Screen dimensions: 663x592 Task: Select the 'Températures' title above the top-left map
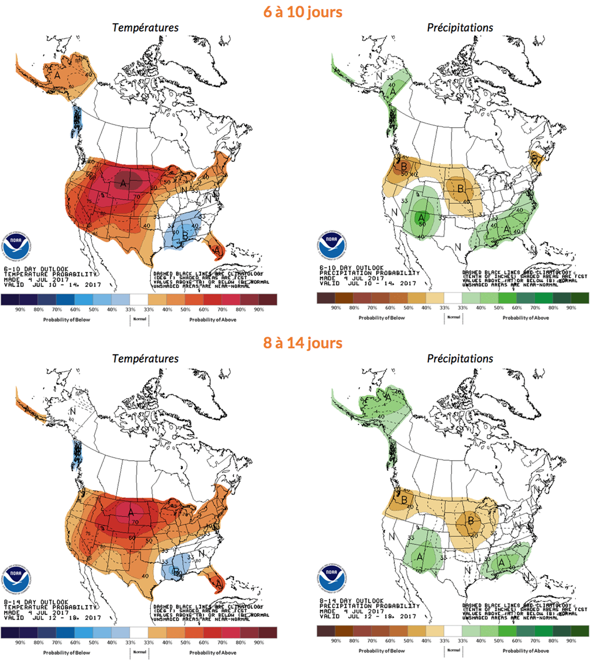point(145,28)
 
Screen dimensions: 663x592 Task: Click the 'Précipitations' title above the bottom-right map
point(460,359)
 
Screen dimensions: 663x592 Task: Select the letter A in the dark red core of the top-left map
point(123,183)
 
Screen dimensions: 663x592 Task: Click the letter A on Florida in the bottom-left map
point(218,583)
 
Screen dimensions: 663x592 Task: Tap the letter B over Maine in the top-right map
point(535,159)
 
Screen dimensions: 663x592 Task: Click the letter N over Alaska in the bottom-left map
point(73,412)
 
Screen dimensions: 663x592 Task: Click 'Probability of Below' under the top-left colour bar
point(67,317)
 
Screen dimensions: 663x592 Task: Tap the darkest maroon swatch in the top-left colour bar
point(268,299)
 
